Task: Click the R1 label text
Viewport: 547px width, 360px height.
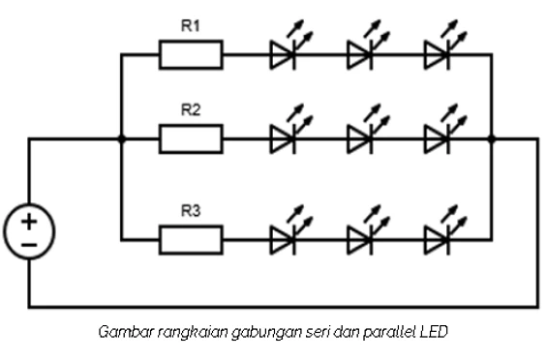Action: click(191, 26)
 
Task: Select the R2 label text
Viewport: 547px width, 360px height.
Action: click(191, 110)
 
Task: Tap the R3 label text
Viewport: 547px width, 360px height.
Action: click(191, 208)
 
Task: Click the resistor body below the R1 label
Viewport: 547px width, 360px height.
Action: click(191, 54)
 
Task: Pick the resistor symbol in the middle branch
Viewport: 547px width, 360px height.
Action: click(191, 139)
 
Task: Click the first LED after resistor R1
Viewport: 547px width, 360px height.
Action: click(283, 54)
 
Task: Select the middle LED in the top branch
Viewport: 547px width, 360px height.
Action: click(360, 54)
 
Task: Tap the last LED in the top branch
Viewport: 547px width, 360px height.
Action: click(438, 54)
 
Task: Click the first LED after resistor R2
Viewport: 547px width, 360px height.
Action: click(283, 139)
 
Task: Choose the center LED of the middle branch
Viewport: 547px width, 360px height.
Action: click(360, 139)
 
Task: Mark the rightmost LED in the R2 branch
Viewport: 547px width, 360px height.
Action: click(438, 139)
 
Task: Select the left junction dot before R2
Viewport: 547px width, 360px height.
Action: click(120, 139)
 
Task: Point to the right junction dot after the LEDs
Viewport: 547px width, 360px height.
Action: click(492, 139)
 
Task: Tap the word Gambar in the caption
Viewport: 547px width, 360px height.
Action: click(121, 332)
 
